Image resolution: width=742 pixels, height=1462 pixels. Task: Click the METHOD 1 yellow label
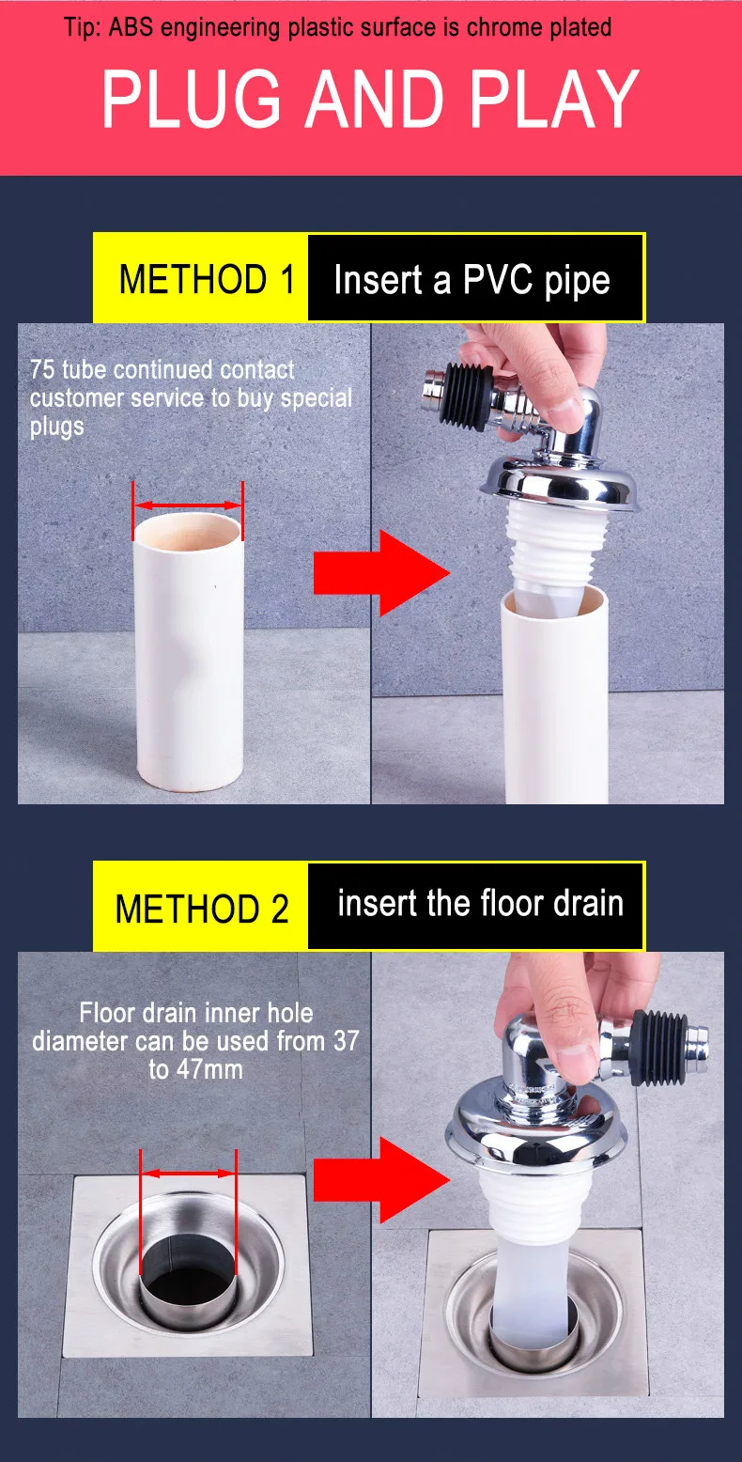coord(201,279)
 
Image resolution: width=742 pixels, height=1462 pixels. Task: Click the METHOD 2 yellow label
coord(201,909)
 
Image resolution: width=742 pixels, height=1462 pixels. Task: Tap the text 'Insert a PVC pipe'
coord(471,279)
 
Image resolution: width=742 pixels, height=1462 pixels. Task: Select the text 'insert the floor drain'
coord(480,904)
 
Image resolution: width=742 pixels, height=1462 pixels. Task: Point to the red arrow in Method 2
coord(380,1179)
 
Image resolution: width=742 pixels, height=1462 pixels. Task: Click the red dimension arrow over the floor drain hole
coord(188,1173)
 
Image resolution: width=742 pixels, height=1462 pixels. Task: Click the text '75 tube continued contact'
coord(162,369)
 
